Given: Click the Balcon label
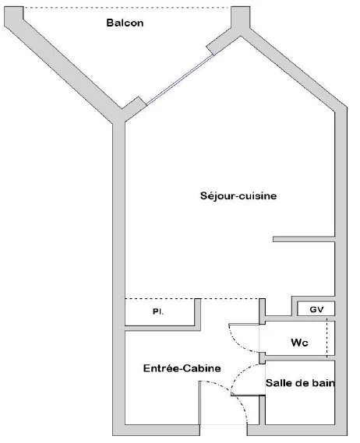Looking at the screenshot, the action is [x=125, y=23].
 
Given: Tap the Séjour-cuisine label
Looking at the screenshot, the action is [x=238, y=195].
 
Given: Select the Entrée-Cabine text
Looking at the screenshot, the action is [x=182, y=368].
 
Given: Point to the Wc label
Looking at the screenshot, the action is [x=299, y=343].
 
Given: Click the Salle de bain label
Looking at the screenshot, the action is [x=300, y=383].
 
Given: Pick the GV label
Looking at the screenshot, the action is [x=316, y=310].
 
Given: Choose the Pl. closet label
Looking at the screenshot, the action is [x=158, y=311].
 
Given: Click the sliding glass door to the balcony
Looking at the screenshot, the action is [x=180, y=79].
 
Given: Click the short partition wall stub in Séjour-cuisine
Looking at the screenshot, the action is [x=304, y=239].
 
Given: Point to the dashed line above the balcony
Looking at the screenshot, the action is [x=127, y=8].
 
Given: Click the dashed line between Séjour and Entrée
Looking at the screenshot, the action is [x=192, y=299].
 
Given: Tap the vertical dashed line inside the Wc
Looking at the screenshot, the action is [x=327, y=338].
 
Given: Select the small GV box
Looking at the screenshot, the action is [x=316, y=309].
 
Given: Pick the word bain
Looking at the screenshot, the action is [x=323, y=383].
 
